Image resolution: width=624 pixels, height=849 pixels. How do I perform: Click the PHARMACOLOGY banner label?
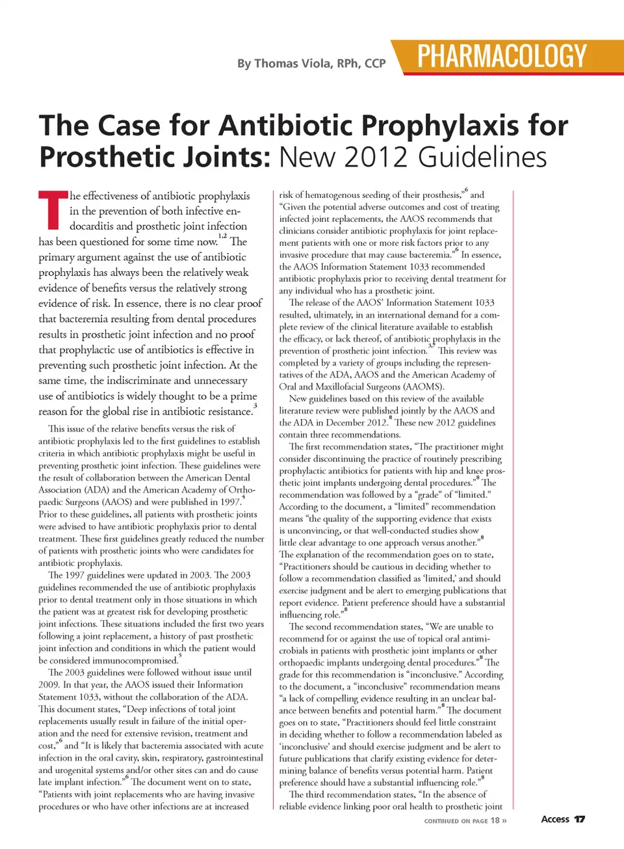click(502, 57)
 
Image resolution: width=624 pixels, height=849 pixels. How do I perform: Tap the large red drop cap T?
click(52, 209)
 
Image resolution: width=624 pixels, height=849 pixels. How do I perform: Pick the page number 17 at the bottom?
click(580, 819)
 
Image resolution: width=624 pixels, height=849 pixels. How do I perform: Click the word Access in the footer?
click(555, 819)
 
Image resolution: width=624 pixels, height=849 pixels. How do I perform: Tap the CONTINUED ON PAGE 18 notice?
click(465, 821)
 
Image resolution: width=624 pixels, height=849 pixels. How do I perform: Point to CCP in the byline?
click(375, 64)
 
